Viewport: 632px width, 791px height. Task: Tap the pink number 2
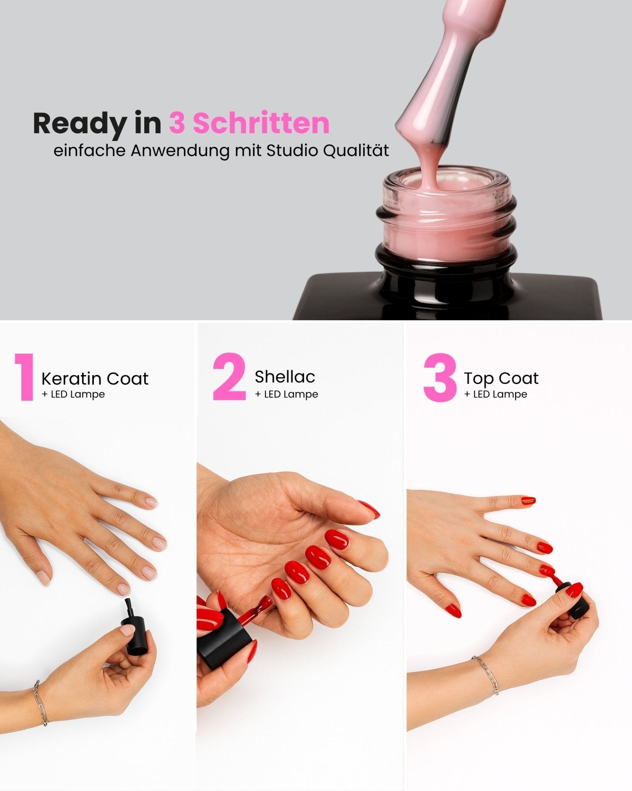[x=229, y=376]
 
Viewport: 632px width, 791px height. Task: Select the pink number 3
[x=439, y=378]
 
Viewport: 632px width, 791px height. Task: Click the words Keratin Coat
[x=95, y=379]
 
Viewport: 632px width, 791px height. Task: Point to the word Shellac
[x=285, y=377]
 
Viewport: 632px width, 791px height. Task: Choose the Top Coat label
[x=501, y=378]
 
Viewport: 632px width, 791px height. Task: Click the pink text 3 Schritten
[x=249, y=123]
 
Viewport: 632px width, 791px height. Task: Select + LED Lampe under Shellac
[x=286, y=394]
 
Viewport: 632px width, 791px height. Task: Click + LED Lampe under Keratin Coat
[x=73, y=394]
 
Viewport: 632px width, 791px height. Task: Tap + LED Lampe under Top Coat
[x=496, y=394]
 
